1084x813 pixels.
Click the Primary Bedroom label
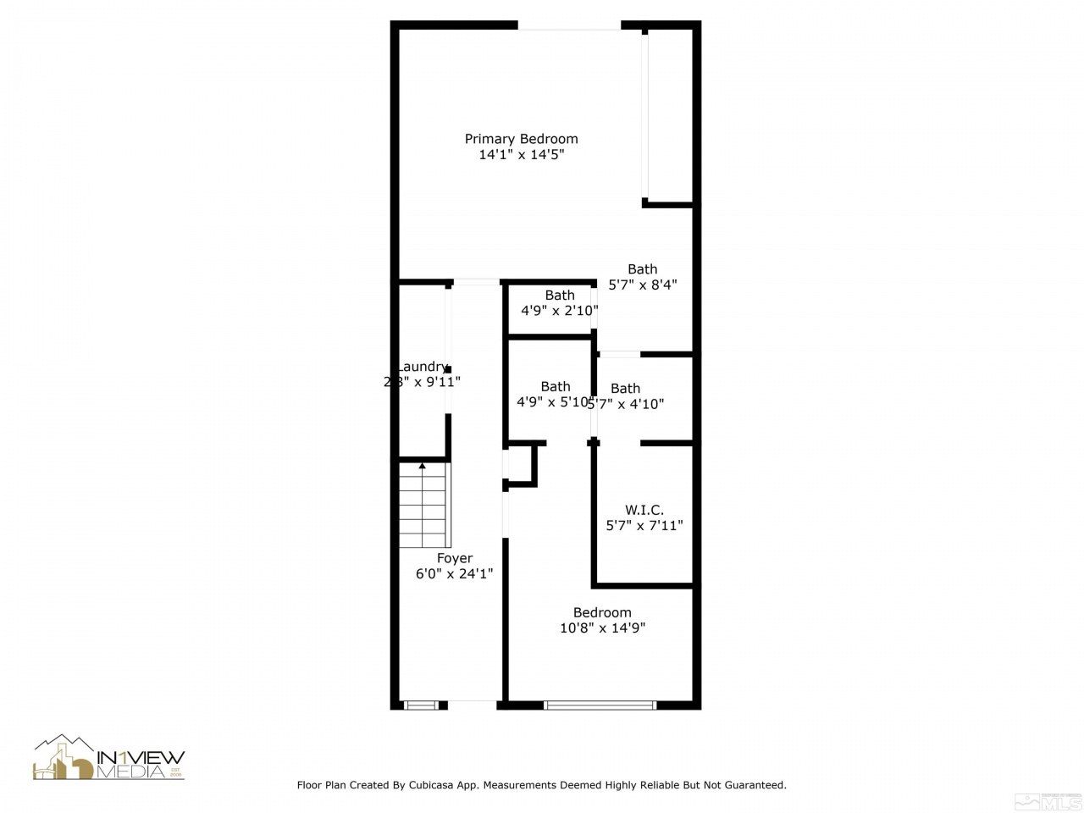tap(521, 139)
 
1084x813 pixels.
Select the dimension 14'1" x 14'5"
tap(521, 155)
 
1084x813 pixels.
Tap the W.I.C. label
tap(644, 510)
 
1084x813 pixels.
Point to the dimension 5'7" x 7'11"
tap(644, 525)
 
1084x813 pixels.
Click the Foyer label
tap(455, 558)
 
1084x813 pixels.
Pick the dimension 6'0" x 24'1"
tap(455, 573)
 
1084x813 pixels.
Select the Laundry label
tap(422, 366)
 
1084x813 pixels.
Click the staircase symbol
tap(423, 506)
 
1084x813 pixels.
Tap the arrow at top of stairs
tap(423, 467)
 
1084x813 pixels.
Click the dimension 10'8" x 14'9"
tap(602, 628)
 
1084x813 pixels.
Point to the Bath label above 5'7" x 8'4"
tap(642, 269)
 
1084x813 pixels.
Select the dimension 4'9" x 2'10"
tap(559, 311)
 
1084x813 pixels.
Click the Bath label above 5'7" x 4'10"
tap(625, 389)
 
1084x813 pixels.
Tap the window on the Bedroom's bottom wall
tap(600, 705)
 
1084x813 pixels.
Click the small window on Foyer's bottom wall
tap(422, 705)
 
